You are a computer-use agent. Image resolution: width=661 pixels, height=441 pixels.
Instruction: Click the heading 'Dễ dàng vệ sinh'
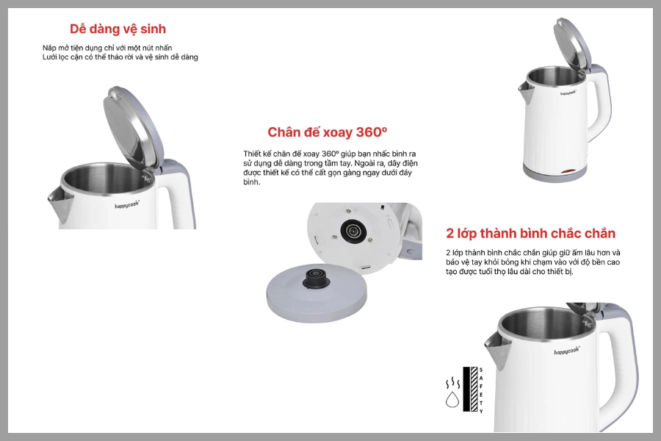(118, 29)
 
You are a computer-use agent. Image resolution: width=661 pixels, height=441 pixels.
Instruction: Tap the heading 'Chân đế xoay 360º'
(327, 132)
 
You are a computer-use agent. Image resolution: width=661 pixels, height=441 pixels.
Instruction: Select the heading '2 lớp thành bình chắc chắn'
(530, 234)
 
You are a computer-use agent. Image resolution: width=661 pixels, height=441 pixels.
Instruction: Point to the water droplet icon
(452, 399)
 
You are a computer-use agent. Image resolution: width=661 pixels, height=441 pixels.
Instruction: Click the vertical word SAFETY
(481, 390)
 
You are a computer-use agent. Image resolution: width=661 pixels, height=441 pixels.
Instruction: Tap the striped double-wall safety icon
(471, 389)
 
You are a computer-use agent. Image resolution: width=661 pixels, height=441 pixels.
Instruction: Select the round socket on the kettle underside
(353, 231)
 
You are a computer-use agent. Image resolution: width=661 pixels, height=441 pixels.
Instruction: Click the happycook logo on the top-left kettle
(127, 204)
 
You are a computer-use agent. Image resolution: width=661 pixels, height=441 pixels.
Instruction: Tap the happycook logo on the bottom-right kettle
(567, 351)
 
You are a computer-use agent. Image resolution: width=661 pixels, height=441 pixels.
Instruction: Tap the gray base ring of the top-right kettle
(555, 173)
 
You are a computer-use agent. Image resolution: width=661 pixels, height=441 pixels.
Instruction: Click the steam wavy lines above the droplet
(452, 383)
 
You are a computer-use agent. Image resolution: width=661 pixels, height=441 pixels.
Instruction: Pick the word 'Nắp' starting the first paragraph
(49, 48)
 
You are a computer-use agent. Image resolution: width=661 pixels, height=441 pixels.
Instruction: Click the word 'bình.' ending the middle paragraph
(252, 182)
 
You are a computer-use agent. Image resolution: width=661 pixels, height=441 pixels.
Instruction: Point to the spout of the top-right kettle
(525, 93)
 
